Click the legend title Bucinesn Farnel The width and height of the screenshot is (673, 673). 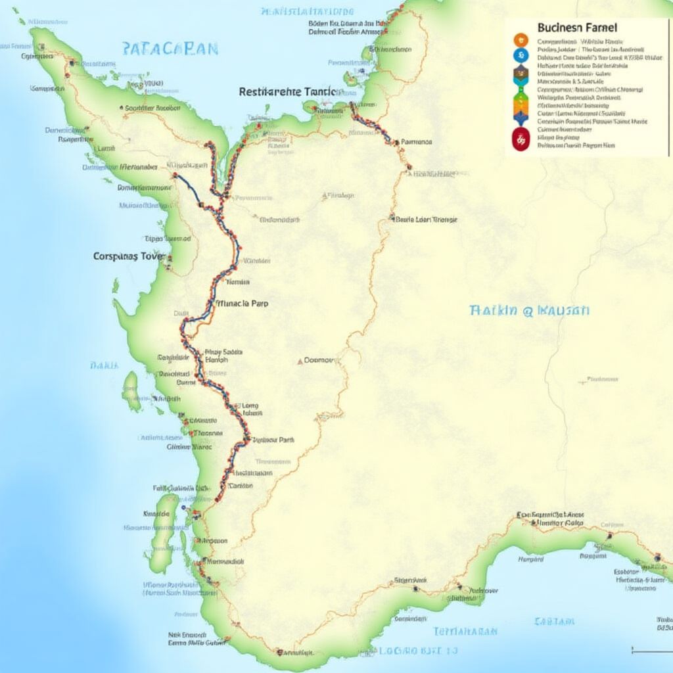coord(578,28)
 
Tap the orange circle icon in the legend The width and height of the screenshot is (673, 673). coord(520,39)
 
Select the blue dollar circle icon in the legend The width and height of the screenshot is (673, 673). coord(520,55)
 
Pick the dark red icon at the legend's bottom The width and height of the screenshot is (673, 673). coord(520,139)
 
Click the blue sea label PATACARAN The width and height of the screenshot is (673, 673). coord(170,49)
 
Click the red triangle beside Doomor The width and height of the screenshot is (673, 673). coord(300,361)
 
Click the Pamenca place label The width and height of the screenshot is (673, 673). coord(415,141)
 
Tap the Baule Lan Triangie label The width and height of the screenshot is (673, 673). coord(427,220)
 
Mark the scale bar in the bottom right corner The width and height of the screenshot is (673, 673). coord(651,651)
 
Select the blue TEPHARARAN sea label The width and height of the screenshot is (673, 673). coord(465,632)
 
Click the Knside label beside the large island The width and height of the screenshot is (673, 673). coord(156,513)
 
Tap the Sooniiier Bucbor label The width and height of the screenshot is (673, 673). coord(152,108)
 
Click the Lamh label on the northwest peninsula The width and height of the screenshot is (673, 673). coord(104,149)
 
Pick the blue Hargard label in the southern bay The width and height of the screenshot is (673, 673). coord(531,559)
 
